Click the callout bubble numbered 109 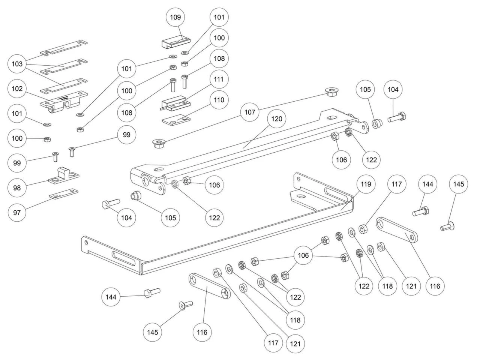[175, 17]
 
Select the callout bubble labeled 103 [17, 64]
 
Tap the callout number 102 [17, 89]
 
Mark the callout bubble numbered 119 [366, 184]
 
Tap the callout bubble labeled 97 [17, 213]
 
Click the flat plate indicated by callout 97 [63, 195]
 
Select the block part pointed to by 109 [175, 42]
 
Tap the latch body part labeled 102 [62, 101]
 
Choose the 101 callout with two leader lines [127, 69]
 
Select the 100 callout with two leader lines [127, 90]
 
